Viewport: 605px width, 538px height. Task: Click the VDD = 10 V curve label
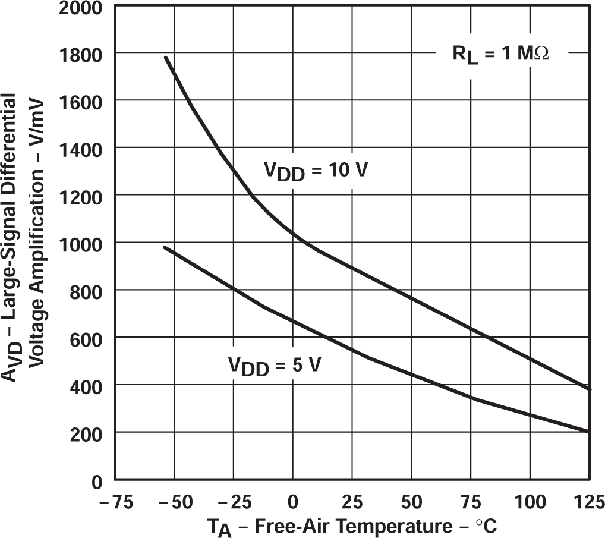point(316,171)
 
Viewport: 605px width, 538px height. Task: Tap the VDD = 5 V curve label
point(275,364)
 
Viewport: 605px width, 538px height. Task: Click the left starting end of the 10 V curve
point(166,58)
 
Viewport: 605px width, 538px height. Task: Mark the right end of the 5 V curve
point(589,432)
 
